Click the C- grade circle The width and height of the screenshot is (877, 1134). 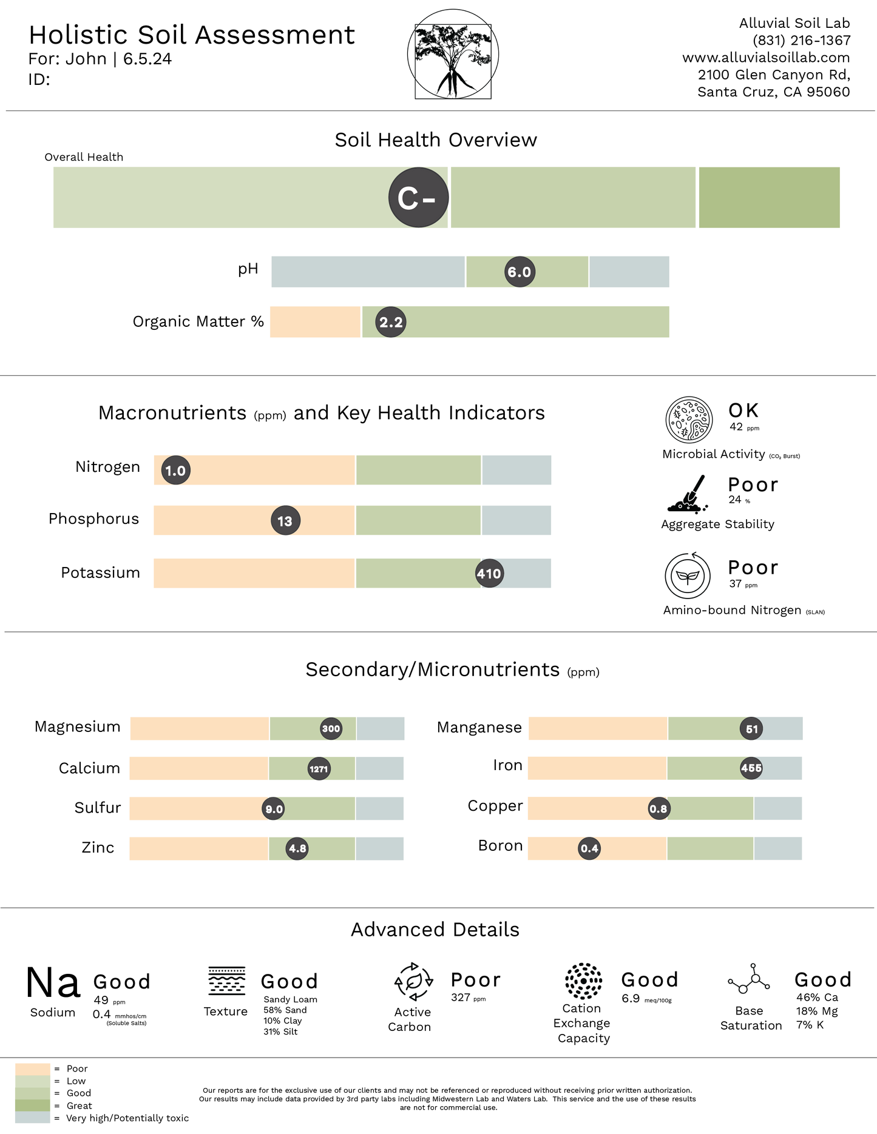419,198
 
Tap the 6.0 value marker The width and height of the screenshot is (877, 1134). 520,272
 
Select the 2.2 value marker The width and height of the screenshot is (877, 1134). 391,322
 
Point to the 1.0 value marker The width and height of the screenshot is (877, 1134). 176,471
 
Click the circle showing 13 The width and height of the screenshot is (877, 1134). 285,521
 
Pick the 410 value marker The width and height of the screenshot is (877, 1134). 489,573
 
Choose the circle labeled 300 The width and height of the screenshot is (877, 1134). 331,728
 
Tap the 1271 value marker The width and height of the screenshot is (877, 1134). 319,769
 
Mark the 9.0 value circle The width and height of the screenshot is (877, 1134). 274,809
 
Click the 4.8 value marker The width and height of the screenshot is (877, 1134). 297,848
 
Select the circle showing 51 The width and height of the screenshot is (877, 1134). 751,729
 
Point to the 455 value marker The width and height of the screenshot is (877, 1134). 751,768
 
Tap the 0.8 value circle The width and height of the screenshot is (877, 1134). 659,808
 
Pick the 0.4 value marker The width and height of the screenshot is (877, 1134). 589,848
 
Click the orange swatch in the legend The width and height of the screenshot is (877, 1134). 33,1069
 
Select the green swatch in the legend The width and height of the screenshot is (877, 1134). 33,1093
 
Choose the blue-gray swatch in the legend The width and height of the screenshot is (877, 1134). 33,1118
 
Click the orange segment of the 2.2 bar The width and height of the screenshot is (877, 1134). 314,322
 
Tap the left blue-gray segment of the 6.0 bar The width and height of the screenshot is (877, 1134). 367,272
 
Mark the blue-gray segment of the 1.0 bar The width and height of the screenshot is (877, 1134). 517,470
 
